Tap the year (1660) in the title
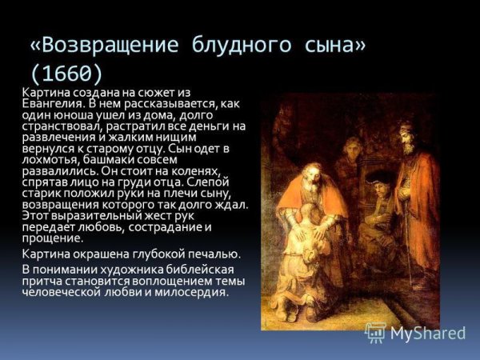[66, 73]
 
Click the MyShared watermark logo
[414, 332]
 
